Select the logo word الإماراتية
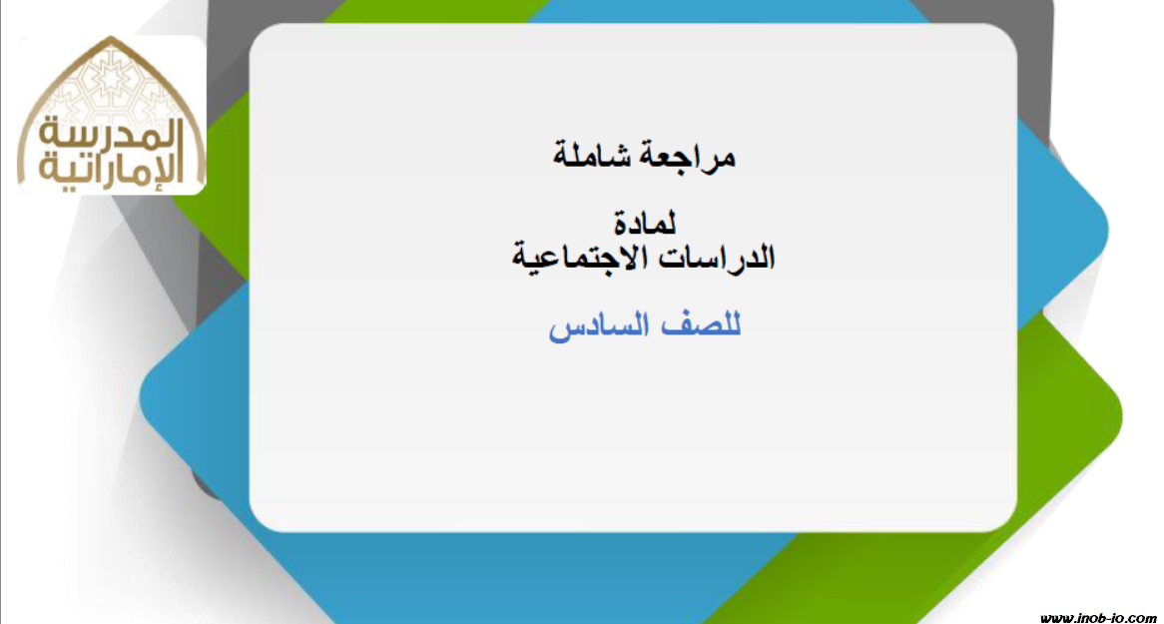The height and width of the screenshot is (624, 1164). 112,170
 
